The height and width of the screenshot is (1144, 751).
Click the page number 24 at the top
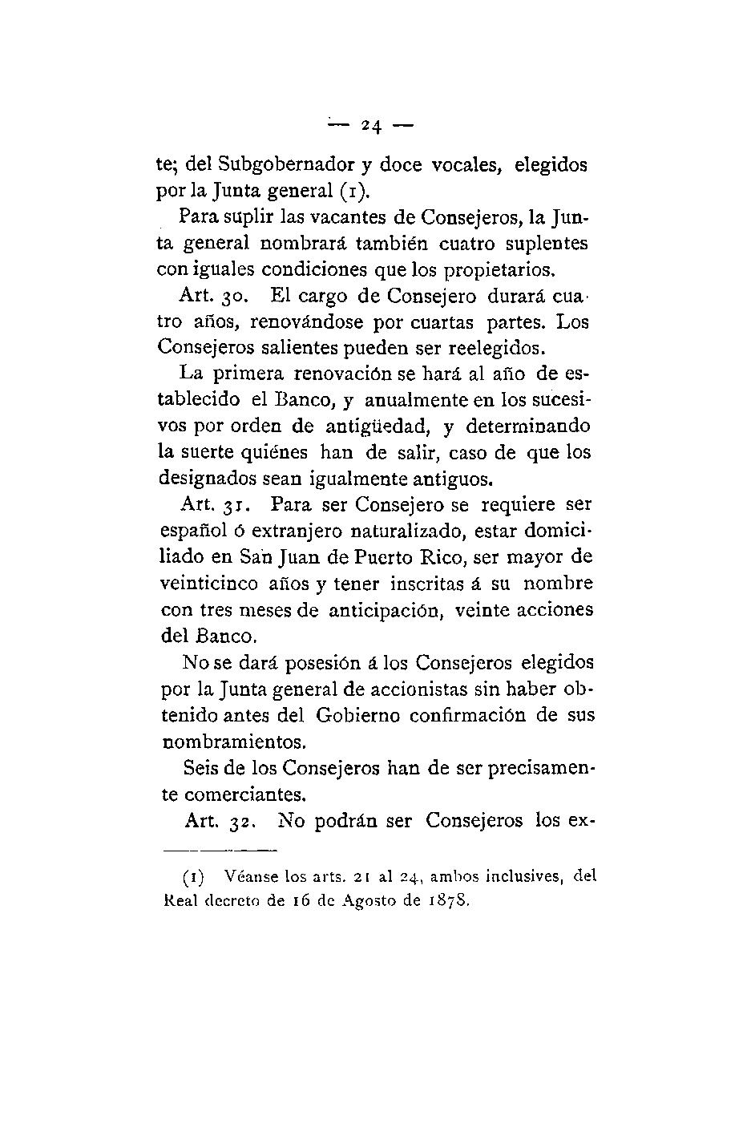pos(371,125)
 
